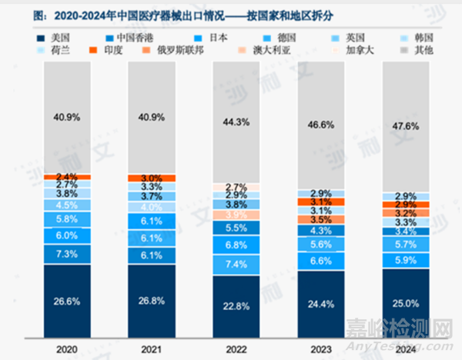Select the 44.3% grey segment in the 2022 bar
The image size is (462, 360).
(x=236, y=122)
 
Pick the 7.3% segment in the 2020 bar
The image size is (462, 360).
(x=66, y=254)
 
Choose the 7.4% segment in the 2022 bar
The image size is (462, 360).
(x=236, y=265)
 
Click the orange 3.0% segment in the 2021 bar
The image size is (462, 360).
(x=151, y=178)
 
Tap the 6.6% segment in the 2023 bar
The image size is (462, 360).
(x=320, y=261)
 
